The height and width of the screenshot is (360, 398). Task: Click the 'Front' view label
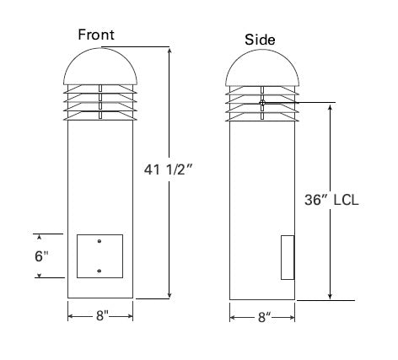pos(96,35)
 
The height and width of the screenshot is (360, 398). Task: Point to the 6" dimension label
pos(42,256)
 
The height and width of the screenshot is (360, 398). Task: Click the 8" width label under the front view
pos(100,316)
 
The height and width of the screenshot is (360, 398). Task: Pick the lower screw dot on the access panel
pos(99,270)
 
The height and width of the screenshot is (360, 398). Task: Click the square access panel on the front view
pos(99,256)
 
